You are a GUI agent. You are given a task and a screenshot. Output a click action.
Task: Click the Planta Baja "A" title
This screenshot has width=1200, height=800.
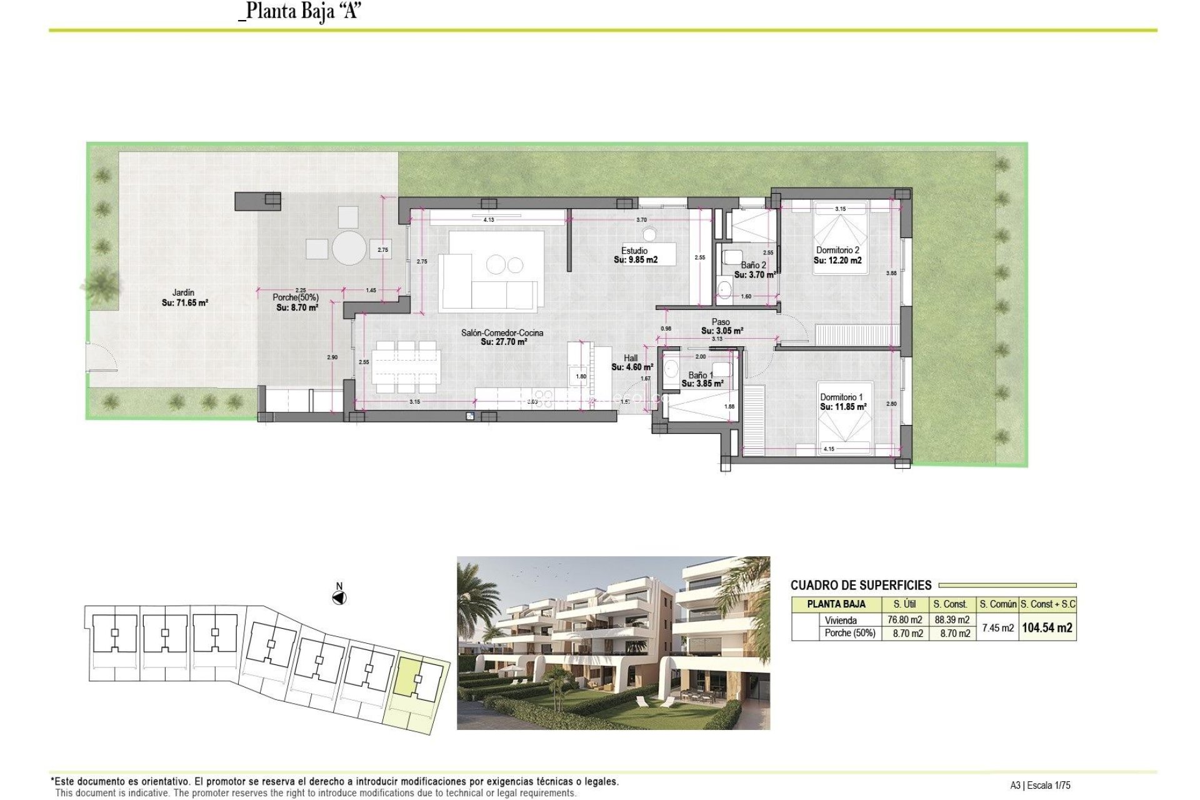(x=300, y=11)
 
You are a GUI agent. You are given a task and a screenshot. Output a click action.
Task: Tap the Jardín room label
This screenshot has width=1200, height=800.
(x=183, y=292)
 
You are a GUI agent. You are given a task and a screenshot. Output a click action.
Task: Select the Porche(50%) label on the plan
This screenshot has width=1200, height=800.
(x=296, y=297)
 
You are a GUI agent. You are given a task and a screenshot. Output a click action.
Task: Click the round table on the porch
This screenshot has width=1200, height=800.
(x=349, y=248)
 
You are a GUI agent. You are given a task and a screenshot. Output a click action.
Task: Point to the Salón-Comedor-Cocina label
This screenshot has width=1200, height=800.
(x=502, y=332)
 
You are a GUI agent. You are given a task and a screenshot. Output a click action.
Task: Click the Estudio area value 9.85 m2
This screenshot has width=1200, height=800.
(x=636, y=260)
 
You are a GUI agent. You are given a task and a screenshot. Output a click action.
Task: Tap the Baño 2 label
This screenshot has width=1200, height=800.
(x=753, y=265)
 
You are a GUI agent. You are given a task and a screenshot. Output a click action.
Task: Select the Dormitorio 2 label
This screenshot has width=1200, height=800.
(x=837, y=250)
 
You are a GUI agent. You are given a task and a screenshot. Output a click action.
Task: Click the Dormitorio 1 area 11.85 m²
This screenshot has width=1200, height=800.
(x=843, y=407)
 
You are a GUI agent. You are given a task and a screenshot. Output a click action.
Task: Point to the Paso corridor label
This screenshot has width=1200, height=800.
(x=721, y=322)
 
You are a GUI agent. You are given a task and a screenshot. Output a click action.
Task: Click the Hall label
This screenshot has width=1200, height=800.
(x=631, y=358)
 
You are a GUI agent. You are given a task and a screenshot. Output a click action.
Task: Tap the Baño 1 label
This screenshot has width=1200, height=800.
(x=701, y=375)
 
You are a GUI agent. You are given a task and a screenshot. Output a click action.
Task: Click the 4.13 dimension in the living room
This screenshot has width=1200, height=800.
(x=489, y=220)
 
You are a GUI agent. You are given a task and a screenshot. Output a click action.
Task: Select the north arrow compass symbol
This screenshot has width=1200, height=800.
(x=339, y=598)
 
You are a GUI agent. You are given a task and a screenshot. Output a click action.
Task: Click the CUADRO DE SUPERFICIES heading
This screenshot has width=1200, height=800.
(x=861, y=586)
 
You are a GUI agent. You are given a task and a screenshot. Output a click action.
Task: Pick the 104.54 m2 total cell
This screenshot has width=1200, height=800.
(x=1047, y=628)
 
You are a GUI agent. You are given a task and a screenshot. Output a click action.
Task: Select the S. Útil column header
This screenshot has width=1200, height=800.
(x=904, y=604)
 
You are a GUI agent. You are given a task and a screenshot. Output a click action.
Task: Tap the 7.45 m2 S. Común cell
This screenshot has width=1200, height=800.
(x=997, y=628)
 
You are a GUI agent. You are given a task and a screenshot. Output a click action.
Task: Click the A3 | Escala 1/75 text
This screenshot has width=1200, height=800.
(x=1040, y=786)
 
